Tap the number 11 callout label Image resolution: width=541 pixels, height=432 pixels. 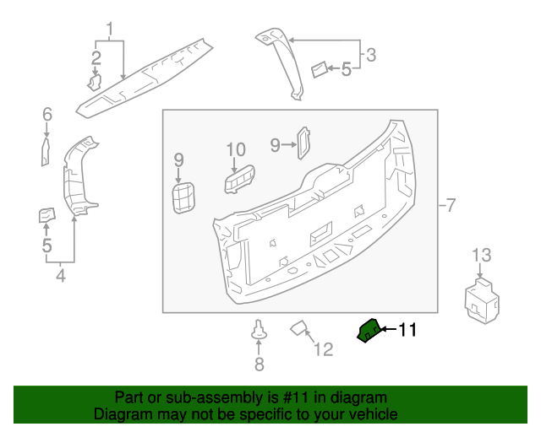407,330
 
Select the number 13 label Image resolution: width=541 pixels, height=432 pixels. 480,256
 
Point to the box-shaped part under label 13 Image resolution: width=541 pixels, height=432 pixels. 480,300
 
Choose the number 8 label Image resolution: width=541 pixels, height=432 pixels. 260,364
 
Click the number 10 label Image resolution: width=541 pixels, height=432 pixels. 235,150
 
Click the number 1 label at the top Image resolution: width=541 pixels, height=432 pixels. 109,32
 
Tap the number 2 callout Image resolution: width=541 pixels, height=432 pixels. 96,57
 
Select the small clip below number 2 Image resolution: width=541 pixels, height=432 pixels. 95,82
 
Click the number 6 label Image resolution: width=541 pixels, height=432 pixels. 47,114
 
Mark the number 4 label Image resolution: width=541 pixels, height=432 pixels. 61,275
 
